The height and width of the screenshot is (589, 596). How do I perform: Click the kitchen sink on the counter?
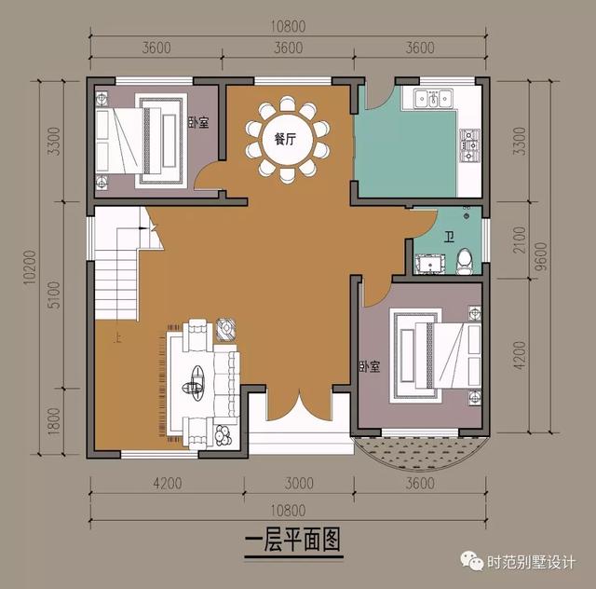pyautogui.click(x=433, y=97)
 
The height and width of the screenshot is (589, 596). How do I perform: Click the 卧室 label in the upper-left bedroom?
pyautogui.click(x=196, y=122)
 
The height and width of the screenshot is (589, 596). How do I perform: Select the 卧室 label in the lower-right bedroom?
pyautogui.click(x=369, y=367)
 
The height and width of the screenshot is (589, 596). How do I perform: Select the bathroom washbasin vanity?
pyautogui.click(x=429, y=266)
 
